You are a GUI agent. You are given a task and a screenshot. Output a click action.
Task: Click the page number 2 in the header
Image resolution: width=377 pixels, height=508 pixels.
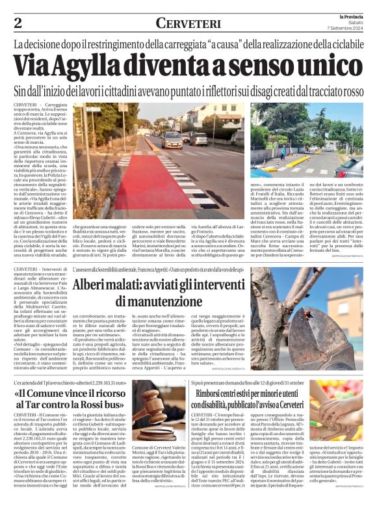point(18,23)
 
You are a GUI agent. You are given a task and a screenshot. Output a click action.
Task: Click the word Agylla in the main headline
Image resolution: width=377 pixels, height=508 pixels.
point(98,66)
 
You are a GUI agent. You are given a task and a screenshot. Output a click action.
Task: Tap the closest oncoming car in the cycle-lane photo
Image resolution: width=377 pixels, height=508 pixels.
point(173,140)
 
